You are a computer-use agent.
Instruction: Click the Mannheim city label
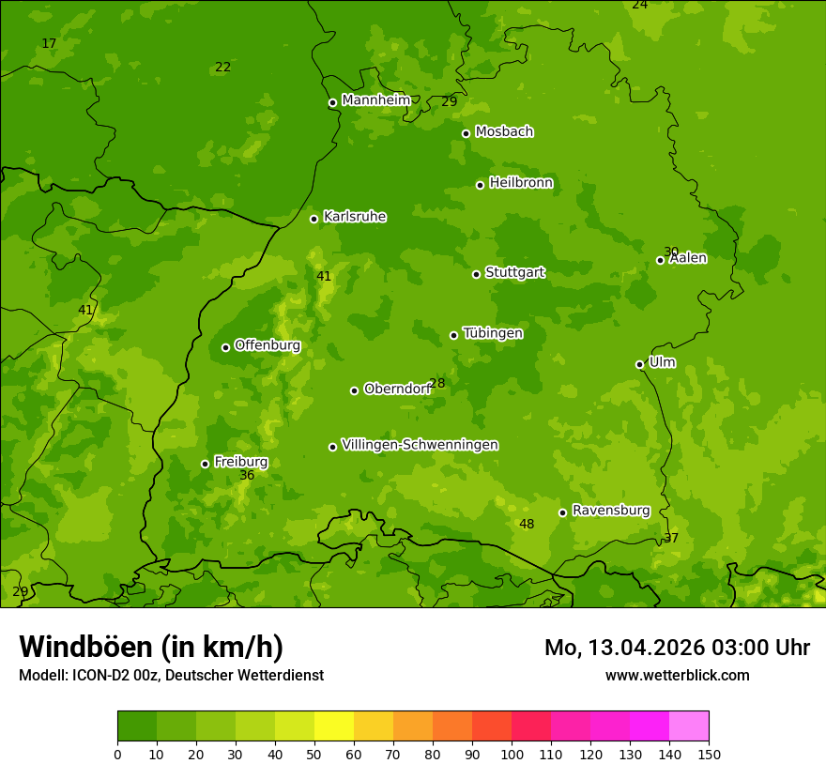click(x=375, y=100)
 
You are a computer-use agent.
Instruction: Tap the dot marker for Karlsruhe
click(x=314, y=219)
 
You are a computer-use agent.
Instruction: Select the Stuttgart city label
click(x=514, y=273)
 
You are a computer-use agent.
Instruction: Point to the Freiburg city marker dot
click(x=205, y=464)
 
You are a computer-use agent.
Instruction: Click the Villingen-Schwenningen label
click(x=420, y=445)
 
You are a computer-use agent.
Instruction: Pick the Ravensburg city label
click(x=610, y=511)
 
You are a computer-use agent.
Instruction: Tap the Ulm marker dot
click(x=639, y=364)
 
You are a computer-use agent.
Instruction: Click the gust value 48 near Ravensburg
click(x=527, y=524)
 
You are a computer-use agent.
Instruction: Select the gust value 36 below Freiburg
click(x=247, y=476)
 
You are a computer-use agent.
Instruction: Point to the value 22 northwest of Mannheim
click(x=222, y=67)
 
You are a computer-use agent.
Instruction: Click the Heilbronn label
click(x=521, y=183)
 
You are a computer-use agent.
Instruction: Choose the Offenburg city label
click(x=268, y=345)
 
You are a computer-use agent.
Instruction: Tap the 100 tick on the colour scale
click(x=512, y=753)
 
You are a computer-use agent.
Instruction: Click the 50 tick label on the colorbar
click(x=314, y=753)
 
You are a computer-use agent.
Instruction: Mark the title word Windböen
click(x=85, y=647)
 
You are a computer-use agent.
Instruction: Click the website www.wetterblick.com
click(x=677, y=675)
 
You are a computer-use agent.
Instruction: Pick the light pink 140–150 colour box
click(x=689, y=726)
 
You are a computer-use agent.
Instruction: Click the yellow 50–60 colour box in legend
click(x=334, y=726)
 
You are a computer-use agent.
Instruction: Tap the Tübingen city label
click(x=493, y=333)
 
